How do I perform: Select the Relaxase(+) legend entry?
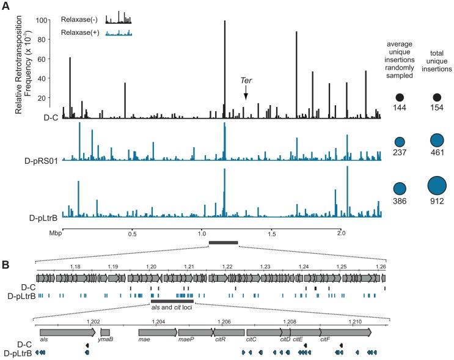[79, 33]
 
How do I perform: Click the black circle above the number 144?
[400, 97]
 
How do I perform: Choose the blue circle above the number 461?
[436, 142]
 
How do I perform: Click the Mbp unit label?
[56, 233]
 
